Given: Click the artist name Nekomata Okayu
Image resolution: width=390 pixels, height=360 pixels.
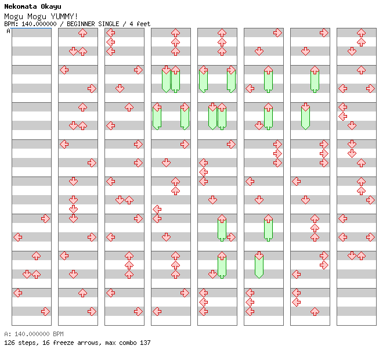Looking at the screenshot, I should tap(28, 6).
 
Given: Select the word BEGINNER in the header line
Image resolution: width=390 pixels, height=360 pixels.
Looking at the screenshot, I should tap(86, 24).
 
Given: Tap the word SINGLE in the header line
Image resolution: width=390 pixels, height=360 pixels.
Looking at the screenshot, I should tap(114, 24).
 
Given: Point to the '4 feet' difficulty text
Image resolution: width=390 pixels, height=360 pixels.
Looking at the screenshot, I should tap(140, 24).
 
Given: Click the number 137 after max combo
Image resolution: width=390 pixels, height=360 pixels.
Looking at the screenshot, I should tap(145, 343).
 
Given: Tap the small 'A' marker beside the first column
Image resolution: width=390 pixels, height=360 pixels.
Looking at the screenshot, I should tap(8, 31).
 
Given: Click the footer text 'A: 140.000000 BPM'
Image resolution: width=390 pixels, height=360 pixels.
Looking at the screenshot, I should tap(34, 334).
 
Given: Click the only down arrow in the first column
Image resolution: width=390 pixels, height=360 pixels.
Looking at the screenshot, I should tap(27, 274).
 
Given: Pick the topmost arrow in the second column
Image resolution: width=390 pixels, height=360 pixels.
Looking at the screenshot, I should tap(82, 33).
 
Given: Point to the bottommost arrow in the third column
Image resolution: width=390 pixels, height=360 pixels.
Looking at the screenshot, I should tap(138, 311).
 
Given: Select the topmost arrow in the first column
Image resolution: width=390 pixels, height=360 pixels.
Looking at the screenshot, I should tap(45, 218).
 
